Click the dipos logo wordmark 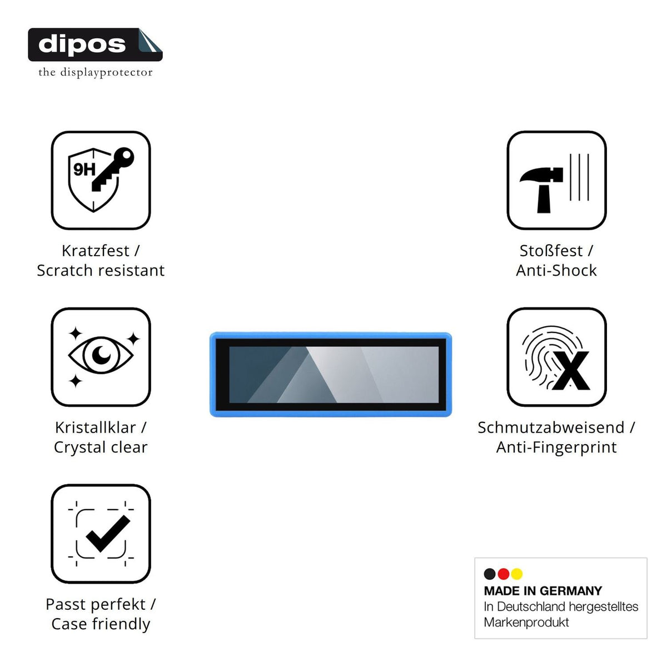(x=82, y=44)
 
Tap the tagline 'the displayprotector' (x=96, y=72)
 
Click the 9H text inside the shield (x=84, y=170)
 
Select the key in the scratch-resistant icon (x=112, y=170)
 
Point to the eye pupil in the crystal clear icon (x=101, y=355)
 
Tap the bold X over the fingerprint (x=571, y=371)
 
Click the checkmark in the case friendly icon (x=108, y=534)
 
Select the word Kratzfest (x=96, y=251)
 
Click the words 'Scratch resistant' (x=101, y=271)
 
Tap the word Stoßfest (x=551, y=251)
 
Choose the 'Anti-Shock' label (x=556, y=271)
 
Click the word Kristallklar (x=96, y=428)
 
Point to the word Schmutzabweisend (x=551, y=428)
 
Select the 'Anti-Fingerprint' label (x=556, y=447)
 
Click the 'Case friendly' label (x=101, y=624)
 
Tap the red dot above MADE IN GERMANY (x=503, y=574)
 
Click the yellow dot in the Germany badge (x=517, y=574)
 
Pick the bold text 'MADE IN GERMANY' (x=542, y=591)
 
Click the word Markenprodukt (x=526, y=623)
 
